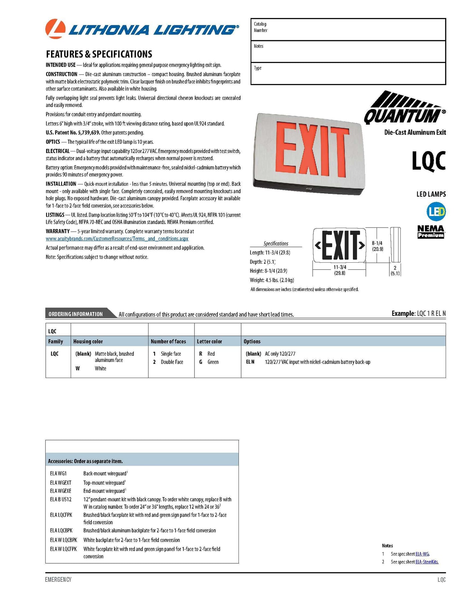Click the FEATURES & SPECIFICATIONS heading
(x=99, y=54)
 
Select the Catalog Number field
(x=348, y=30)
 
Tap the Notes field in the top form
(x=348, y=52)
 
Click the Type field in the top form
(x=348, y=73)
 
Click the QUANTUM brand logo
(x=404, y=108)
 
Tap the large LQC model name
(x=429, y=161)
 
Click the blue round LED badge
(x=436, y=211)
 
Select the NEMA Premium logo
(x=431, y=232)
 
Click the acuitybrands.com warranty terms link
(x=117, y=239)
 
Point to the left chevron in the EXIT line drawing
(x=318, y=246)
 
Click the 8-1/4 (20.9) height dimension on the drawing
(x=377, y=246)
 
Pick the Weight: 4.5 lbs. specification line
(x=272, y=280)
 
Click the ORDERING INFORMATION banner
(x=76, y=314)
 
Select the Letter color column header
(x=209, y=341)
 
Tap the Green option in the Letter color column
(x=213, y=362)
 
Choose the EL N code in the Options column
(x=250, y=362)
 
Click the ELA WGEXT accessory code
(x=61, y=483)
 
